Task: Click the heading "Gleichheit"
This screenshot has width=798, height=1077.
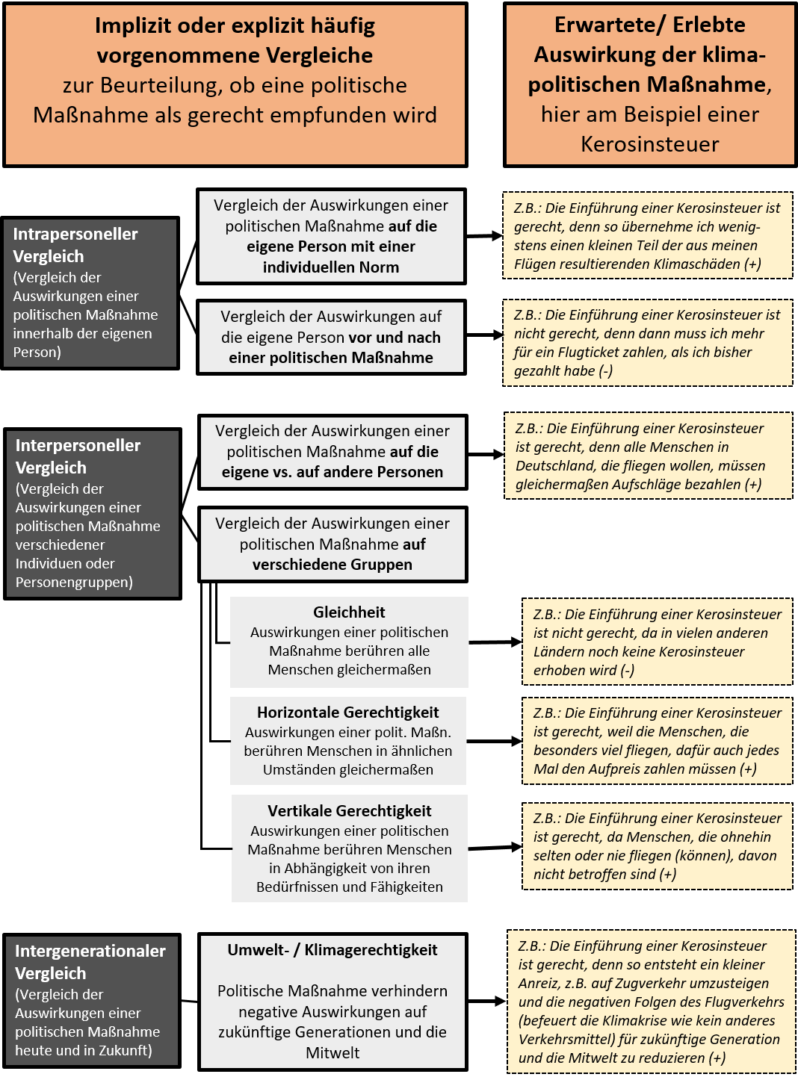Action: (x=349, y=612)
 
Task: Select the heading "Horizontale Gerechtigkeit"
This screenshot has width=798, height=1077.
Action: (x=348, y=713)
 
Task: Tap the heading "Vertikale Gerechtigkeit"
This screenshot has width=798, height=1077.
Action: (x=350, y=811)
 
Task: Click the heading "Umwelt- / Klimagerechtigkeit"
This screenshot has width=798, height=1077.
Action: (x=332, y=950)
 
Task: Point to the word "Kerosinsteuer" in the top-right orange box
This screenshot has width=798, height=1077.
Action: (x=650, y=144)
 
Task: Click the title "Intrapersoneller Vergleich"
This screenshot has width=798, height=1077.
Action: (x=75, y=245)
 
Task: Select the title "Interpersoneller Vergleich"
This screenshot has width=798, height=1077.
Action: (x=78, y=456)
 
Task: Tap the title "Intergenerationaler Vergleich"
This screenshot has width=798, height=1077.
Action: (x=90, y=962)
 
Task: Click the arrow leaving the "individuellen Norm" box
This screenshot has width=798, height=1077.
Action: (x=484, y=236)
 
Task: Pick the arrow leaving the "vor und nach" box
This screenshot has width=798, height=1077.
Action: (x=484, y=335)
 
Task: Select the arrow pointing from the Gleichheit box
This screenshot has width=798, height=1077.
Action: (x=495, y=642)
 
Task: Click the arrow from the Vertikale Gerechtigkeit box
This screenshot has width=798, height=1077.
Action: (x=495, y=848)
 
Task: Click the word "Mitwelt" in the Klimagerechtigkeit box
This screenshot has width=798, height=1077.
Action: (x=332, y=1052)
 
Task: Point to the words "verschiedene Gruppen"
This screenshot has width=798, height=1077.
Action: (x=332, y=565)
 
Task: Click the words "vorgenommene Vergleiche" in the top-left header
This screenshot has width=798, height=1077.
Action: (x=235, y=55)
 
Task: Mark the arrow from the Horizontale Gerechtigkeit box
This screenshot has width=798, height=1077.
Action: (x=495, y=741)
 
